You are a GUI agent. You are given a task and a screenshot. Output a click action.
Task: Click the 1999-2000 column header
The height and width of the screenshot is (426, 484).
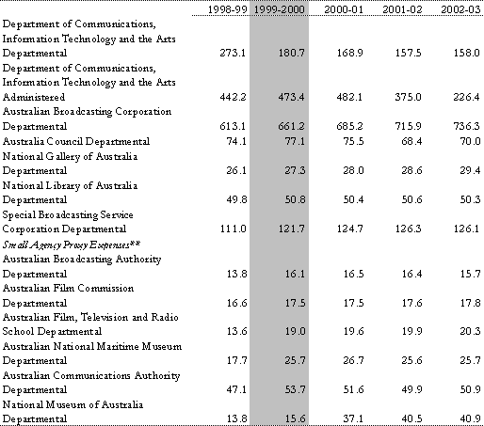click(x=279, y=9)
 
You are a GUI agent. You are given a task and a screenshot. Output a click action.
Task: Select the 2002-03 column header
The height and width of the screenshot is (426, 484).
click(x=460, y=9)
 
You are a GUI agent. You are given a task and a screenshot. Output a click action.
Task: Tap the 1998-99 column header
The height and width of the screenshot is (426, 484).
click(x=227, y=9)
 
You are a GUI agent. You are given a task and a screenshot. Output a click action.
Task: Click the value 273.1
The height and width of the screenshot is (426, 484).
click(x=233, y=53)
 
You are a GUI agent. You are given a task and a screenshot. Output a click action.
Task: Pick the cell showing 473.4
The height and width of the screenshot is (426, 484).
click(x=291, y=97)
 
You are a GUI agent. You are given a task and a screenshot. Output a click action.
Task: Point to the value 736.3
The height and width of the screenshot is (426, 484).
click(x=466, y=126)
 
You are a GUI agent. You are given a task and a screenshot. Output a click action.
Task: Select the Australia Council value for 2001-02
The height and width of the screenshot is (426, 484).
click(x=411, y=141)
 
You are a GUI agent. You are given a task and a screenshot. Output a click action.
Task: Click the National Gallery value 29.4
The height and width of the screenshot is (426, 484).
click(x=470, y=170)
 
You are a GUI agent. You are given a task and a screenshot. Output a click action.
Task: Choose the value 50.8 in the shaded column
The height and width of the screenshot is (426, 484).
click(x=295, y=199)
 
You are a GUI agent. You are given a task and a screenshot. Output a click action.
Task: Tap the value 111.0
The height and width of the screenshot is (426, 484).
click(x=233, y=229)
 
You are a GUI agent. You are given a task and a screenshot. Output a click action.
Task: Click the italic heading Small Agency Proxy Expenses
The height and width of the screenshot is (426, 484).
click(x=72, y=245)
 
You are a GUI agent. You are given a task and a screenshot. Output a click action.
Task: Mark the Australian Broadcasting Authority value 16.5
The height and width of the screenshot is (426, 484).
click(x=353, y=274)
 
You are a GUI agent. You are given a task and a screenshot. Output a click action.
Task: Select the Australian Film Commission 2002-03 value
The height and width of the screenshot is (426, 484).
click(x=470, y=303)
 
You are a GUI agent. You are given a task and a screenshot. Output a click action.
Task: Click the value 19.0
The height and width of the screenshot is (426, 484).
click(x=295, y=331)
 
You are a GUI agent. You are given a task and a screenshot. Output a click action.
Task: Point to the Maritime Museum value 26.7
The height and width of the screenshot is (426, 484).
click(x=353, y=360)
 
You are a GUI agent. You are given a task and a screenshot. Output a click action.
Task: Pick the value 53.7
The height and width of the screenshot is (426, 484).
click(x=295, y=389)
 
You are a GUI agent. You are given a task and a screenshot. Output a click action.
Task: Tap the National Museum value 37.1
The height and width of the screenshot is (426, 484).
click(x=353, y=418)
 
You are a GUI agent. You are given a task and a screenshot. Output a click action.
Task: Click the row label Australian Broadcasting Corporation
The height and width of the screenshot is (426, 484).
click(x=87, y=112)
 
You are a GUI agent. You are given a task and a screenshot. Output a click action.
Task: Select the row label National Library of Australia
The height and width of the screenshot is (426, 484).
click(x=70, y=185)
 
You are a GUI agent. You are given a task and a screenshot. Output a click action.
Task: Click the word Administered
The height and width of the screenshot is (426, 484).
click(x=34, y=97)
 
